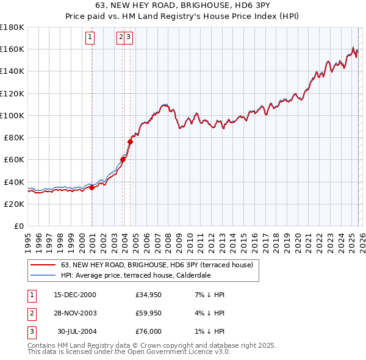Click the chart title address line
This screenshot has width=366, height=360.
pyautogui.click(x=182, y=5)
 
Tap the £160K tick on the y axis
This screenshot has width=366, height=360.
pyautogui.click(x=13, y=49)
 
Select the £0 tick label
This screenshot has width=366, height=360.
pyautogui.click(x=20, y=226)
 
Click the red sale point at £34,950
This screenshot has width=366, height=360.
pyautogui.click(x=92, y=187)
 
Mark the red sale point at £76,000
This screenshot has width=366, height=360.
pyautogui.click(x=130, y=142)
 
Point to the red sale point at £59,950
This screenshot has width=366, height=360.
pyautogui.click(x=123, y=160)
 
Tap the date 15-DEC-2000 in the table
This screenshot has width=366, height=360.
pyautogui.click(x=74, y=295)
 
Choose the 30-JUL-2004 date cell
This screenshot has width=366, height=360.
pyautogui.click(x=76, y=331)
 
